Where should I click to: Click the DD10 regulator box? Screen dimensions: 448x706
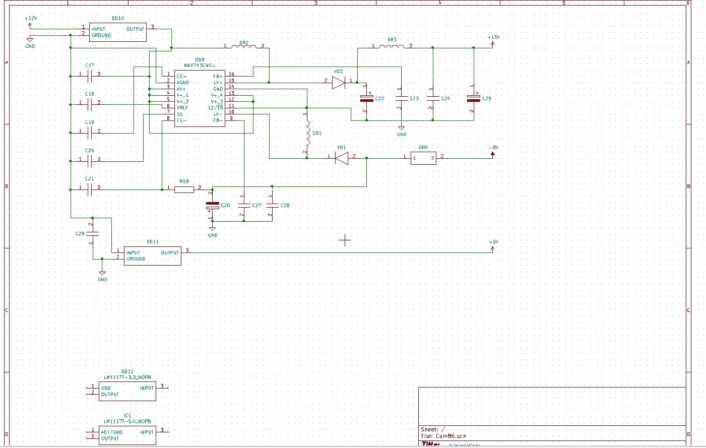coord(117,32)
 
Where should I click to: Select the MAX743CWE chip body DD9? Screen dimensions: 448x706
coord(200,98)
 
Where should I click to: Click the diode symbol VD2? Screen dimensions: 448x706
coord(338,82)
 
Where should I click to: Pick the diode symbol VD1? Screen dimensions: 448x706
coord(342,158)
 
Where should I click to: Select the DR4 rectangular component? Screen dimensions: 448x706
coord(423,158)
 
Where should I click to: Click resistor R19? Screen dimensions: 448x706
coord(184,189)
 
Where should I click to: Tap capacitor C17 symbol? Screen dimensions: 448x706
coord(90,76)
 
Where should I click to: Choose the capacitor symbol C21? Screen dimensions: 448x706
coord(90,189)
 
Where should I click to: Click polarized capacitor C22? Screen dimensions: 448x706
coord(366,98)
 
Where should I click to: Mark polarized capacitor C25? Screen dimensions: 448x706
coord(474,98)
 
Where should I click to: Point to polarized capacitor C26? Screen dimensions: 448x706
coord(212,206)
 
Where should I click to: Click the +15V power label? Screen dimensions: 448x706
coord(494,38)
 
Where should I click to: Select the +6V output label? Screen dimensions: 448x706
coord(494,242)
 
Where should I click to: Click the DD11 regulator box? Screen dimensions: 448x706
coord(153,255)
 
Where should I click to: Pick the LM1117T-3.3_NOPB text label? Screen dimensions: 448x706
coord(127,377)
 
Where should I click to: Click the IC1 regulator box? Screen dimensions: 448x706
coord(127,435)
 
